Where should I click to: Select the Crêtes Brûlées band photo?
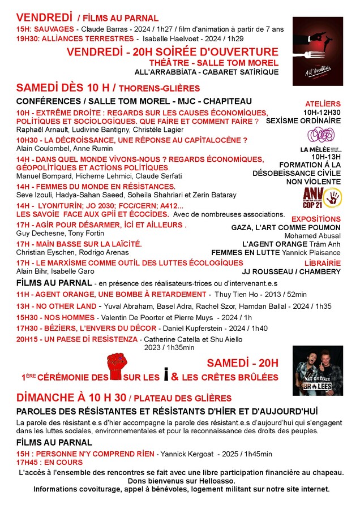click(x=317, y=370)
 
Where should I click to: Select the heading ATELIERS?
click(x=323, y=104)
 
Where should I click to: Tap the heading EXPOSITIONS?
click(x=316, y=219)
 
